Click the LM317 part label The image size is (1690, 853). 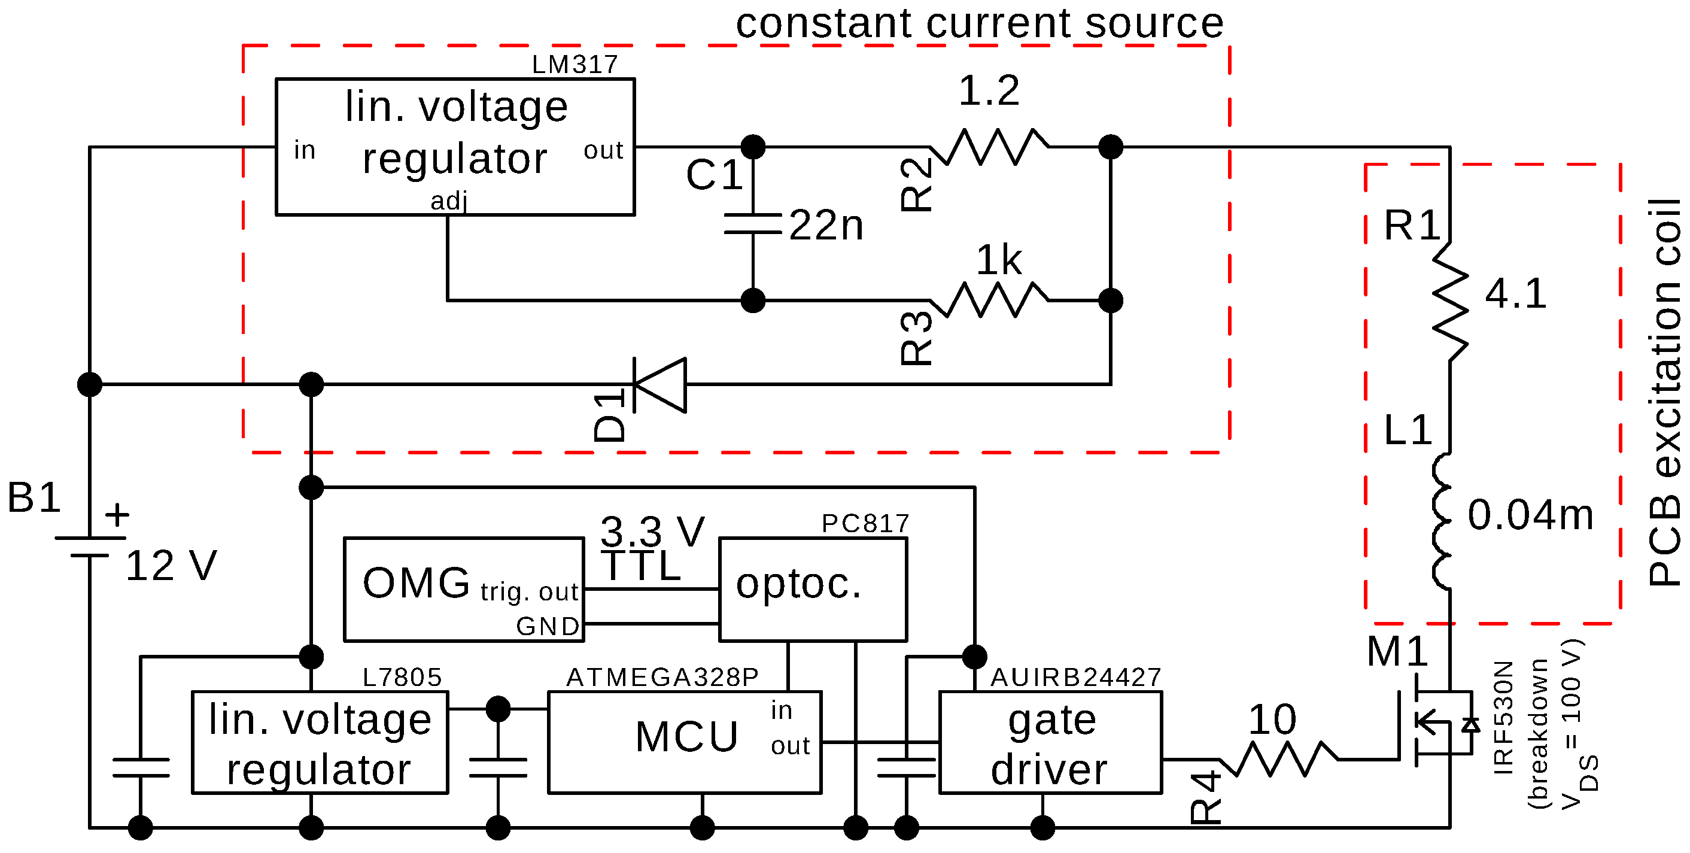(x=575, y=64)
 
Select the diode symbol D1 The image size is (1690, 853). (x=660, y=385)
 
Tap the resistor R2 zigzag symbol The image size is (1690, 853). (x=989, y=147)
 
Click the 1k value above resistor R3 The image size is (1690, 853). (x=999, y=260)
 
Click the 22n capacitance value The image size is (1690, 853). (x=826, y=225)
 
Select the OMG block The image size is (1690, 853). (x=464, y=589)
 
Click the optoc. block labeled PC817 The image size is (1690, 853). (x=813, y=589)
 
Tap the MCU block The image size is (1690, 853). (x=684, y=742)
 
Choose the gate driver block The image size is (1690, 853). (x=1050, y=742)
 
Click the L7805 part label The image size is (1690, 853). (x=402, y=677)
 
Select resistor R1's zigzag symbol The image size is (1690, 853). (x=1451, y=301)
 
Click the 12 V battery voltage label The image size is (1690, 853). (x=171, y=566)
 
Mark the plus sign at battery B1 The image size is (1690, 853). (x=117, y=514)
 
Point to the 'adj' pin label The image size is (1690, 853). (x=449, y=201)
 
